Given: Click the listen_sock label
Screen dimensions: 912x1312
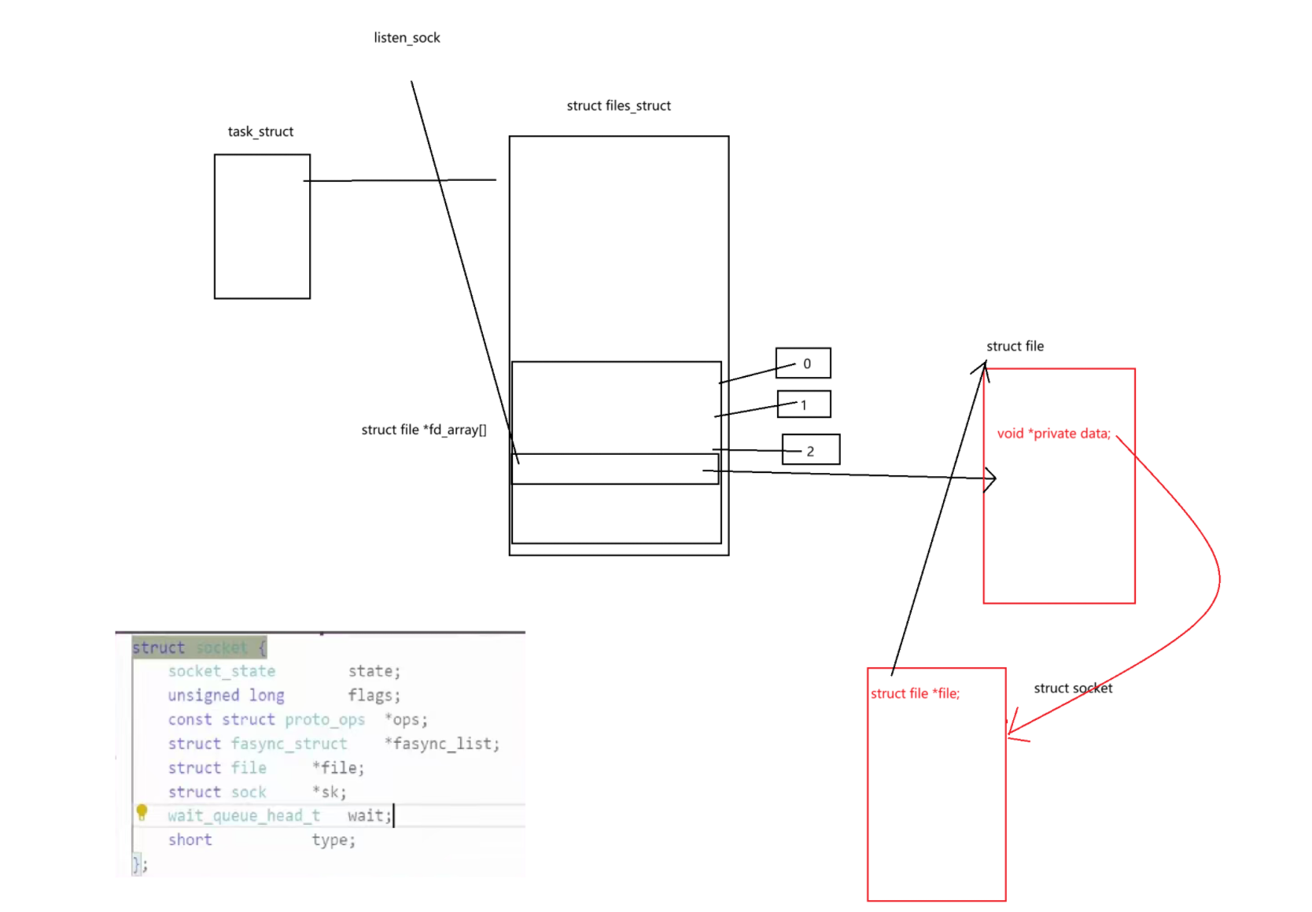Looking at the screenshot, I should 407,38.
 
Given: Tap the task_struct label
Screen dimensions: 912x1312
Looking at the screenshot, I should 260,131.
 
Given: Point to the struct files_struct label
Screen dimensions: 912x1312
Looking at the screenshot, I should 618,105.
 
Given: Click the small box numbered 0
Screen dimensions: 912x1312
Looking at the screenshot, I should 803,364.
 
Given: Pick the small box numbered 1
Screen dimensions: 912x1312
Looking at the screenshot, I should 804,404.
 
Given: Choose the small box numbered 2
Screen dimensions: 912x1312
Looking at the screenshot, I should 811,450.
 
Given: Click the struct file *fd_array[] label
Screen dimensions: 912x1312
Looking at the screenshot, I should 423,430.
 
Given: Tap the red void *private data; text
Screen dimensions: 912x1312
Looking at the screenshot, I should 1053,434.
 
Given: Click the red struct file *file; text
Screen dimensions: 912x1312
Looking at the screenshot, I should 915,693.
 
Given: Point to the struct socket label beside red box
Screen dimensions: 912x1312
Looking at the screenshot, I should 1073,689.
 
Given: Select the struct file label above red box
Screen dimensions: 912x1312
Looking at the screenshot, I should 1015,346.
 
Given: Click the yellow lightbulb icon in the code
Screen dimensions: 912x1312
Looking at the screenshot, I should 142,812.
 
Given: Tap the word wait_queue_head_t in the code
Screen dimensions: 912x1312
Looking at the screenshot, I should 244,816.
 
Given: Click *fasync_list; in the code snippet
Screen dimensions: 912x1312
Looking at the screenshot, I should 442,744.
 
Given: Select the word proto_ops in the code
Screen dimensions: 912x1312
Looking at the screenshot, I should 325,719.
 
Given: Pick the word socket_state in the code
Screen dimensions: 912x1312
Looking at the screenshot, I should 222,671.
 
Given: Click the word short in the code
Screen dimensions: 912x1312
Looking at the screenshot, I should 190,840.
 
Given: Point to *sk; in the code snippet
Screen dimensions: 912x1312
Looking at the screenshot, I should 329,792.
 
